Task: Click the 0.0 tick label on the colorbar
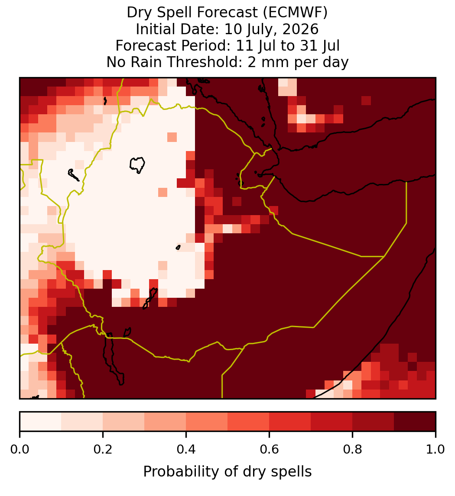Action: click(x=19, y=450)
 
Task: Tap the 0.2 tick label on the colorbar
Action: click(x=103, y=450)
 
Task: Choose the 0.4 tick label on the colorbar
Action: click(x=186, y=450)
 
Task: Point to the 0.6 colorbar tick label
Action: click(x=270, y=450)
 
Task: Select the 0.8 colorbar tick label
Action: click(x=353, y=450)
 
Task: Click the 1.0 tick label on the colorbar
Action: click(x=435, y=450)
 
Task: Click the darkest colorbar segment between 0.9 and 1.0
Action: click(x=415, y=422)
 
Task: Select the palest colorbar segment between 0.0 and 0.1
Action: click(x=41, y=422)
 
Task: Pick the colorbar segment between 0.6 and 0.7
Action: click(x=290, y=422)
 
